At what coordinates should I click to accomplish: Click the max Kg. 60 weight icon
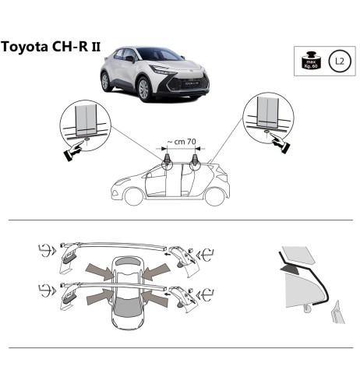tap(310, 59)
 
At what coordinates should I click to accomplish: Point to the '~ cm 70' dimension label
tap(182, 143)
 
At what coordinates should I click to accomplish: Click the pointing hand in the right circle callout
tap(278, 141)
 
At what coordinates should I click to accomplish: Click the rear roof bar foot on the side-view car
tap(195, 163)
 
